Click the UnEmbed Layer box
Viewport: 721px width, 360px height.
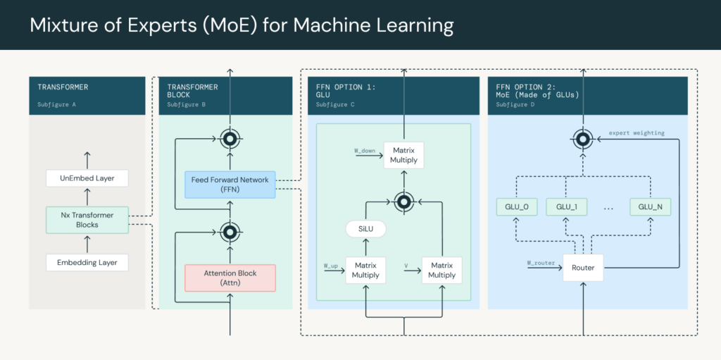87,178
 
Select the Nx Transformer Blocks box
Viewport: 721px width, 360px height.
87,220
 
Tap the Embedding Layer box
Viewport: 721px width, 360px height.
87,263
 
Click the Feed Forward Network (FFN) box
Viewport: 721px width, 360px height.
230,185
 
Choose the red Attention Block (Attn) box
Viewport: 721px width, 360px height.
230,278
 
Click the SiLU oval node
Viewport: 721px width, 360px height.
365,230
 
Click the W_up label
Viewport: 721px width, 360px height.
331,266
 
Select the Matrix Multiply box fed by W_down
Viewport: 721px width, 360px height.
404,155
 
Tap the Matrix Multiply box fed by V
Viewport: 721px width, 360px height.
441,271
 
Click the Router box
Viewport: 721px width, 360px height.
583,268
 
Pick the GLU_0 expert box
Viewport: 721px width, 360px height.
517,207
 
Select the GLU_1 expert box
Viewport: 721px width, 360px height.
566,207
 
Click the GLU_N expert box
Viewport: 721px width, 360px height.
649,207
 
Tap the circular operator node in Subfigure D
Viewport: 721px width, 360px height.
583,139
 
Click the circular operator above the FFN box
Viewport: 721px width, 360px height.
230,139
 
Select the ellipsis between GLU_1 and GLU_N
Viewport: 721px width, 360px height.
608,208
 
